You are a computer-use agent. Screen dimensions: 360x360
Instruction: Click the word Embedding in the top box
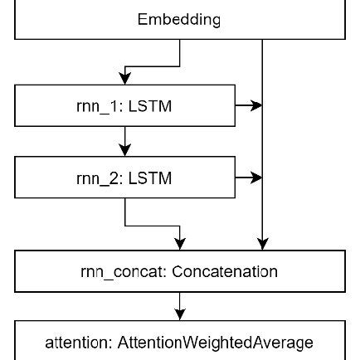coord(179,18)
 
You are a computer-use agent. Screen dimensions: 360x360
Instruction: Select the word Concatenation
coord(225,271)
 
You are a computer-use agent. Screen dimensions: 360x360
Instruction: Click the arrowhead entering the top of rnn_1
coord(125,78)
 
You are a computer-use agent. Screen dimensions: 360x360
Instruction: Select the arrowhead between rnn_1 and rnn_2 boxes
coord(125,149)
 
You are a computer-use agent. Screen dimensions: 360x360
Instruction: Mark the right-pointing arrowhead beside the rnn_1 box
coord(256,105)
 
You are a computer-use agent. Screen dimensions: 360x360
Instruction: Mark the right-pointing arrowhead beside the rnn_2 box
coord(256,178)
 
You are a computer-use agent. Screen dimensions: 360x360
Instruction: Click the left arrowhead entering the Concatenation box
coord(180,243)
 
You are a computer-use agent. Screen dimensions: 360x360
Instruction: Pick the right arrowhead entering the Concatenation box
coord(262,243)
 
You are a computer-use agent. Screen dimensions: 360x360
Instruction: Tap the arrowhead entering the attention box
coord(180,314)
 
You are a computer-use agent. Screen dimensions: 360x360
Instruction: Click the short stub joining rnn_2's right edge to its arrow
coord(236,187)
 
